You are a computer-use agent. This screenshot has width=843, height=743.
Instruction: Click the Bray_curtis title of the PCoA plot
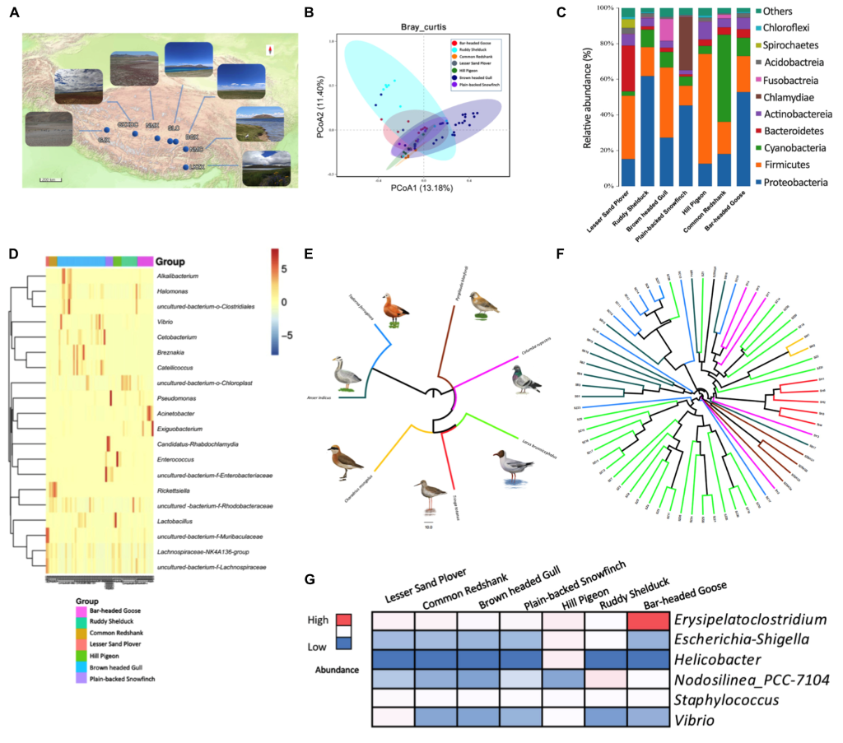[x=422, y=26]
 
